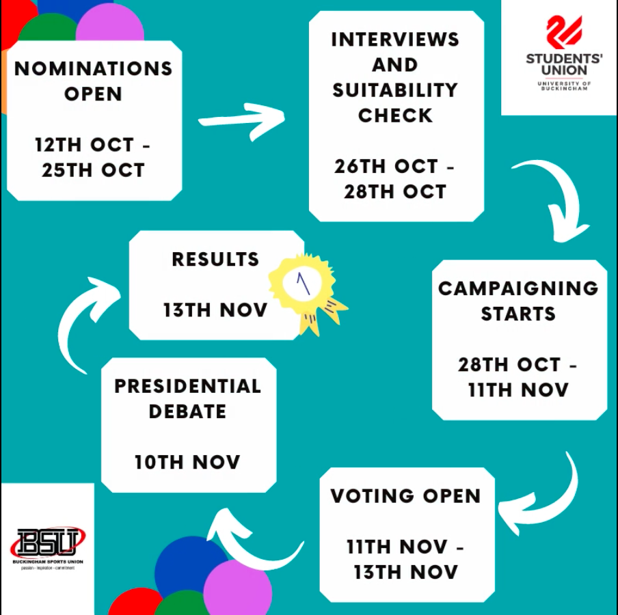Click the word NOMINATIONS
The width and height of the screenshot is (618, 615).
click(94, 68)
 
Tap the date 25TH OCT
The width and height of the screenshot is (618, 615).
click(94, 170)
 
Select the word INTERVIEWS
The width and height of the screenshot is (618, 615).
click(395, 40)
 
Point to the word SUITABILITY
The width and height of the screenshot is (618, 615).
click(395, 90)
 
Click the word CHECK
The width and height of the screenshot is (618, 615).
click(395, 115)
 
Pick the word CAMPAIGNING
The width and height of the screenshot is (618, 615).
click(518, 288)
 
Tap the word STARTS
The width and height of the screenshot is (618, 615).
click(518, 314)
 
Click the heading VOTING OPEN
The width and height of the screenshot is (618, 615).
click(405, 495)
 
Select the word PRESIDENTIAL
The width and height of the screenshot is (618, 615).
click(187, 386)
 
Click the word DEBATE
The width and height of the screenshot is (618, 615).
click(187, 411)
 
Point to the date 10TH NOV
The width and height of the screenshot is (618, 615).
click(187, 462)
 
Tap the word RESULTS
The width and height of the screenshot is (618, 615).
click(215, 259)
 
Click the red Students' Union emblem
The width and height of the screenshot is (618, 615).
click(564, 32)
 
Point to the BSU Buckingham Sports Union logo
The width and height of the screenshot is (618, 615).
click(48, 548)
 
